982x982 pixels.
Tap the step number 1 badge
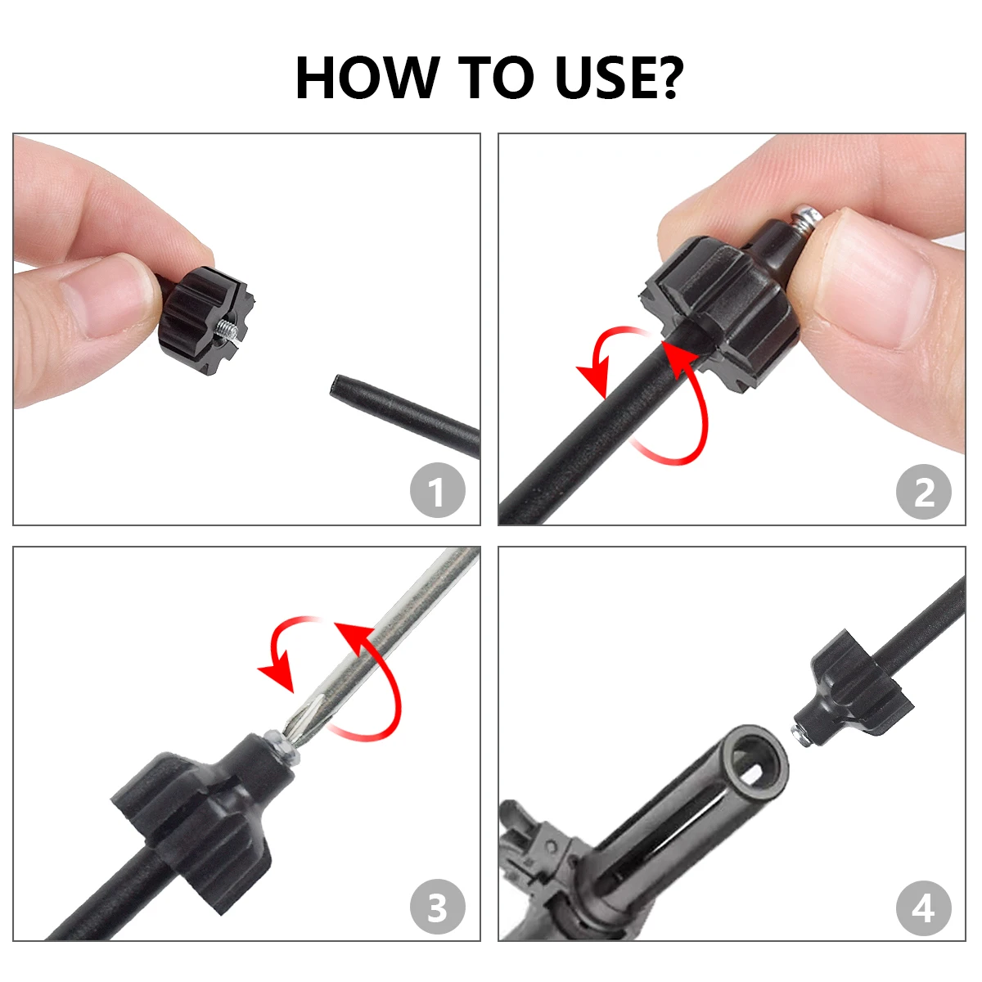[x=437, y=492]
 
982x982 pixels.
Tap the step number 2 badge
[x=923, y=492]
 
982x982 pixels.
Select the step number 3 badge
[x=437, y=908]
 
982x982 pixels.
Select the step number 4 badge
[x=923, y=908]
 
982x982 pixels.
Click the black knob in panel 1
[x=200, y=319]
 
